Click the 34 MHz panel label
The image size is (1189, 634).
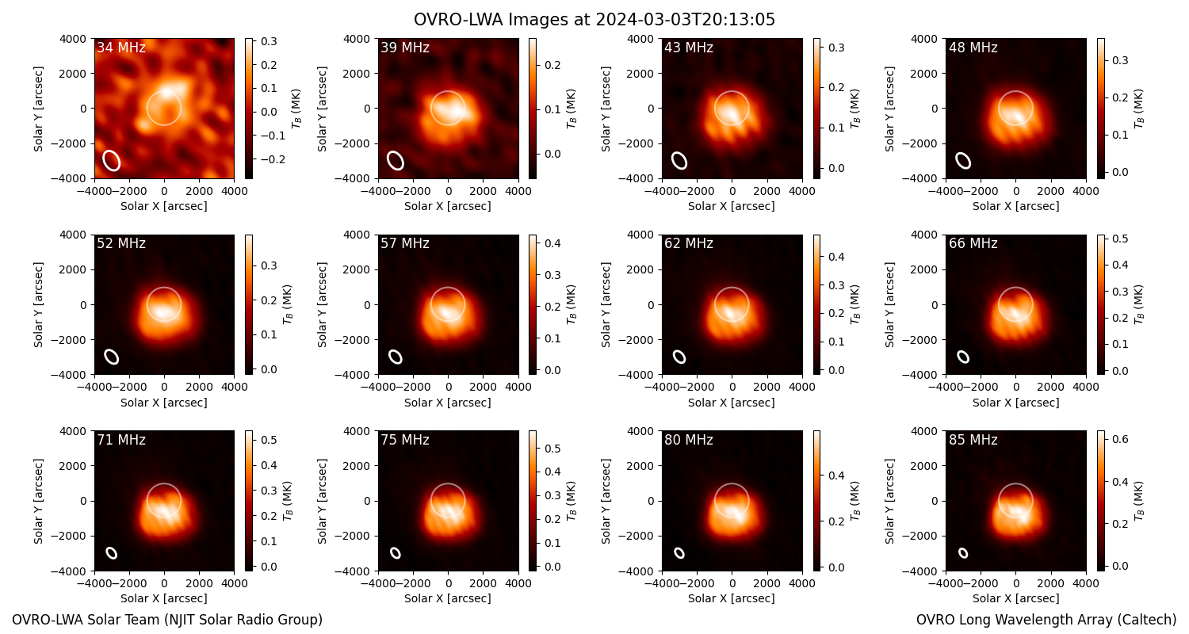pos(121,48)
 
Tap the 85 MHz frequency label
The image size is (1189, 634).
pos(973,440)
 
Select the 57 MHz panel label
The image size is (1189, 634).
pos(405,243)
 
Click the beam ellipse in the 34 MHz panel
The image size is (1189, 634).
pos(112,160)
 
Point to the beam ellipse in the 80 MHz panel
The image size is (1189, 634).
pos(679,553)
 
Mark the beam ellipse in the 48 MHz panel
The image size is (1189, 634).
pos(963,160)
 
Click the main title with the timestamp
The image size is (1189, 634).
pos(594,20)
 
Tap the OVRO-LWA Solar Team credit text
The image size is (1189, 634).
pos(167,620)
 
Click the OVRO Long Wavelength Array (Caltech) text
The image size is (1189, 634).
pos(1046,620)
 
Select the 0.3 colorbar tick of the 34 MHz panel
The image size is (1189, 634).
pos(269,41)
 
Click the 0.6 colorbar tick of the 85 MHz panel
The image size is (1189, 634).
pos(1120,439)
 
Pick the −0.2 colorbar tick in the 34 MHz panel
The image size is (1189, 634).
pos(271,160)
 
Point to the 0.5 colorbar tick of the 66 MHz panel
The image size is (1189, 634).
pos(1120,239)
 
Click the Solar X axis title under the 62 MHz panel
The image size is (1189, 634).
pos(732,403)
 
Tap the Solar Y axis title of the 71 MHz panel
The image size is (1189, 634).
pos(38,501)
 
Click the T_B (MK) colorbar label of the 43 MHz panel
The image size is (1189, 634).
pos(854,109)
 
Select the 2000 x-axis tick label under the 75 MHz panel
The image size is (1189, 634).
pos(484,583)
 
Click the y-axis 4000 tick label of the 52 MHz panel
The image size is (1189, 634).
pos(73,235)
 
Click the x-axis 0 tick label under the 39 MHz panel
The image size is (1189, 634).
pos(449,191)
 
